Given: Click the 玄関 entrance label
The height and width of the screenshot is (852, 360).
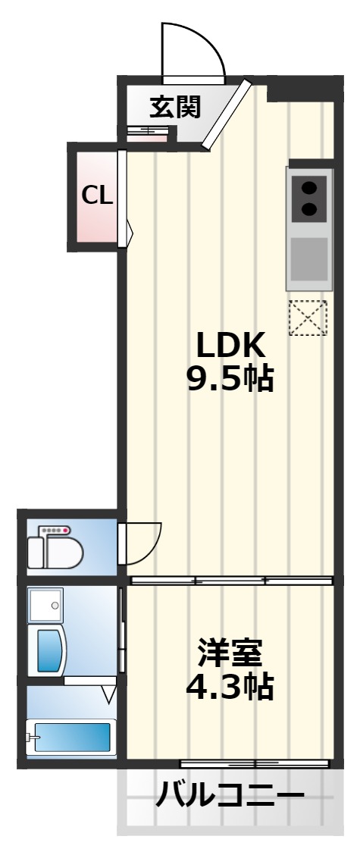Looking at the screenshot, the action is coord(175,107).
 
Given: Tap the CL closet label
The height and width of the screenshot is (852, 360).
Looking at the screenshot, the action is coord(97,195).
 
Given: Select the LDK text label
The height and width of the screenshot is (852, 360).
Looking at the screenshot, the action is coord(230,346).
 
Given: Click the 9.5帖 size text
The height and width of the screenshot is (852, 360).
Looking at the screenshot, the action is coord(230,378).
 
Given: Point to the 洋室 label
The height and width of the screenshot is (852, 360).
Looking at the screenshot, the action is coord(230,653).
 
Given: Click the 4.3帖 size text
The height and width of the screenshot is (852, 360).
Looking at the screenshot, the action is coord(230,686).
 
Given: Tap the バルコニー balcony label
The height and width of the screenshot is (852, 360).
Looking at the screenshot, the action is coord(230,797).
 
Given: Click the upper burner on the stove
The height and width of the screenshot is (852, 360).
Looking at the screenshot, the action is coord(309,189).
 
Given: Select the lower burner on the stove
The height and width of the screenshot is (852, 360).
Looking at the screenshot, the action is coord(309,208).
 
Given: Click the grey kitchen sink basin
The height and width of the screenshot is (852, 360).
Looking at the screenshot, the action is coord(309,259).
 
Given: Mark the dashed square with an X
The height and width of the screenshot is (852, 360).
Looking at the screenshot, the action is coord(308,318).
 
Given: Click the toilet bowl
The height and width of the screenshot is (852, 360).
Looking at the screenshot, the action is coord(61,552).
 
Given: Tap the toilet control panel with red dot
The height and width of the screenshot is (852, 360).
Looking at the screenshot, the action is coord(55,530).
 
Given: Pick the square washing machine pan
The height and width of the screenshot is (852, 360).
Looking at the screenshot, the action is coord(46,604).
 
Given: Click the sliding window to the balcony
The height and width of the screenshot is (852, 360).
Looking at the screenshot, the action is coord(255,764).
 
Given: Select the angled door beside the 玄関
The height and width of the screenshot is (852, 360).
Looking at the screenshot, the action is coord(227,114).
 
